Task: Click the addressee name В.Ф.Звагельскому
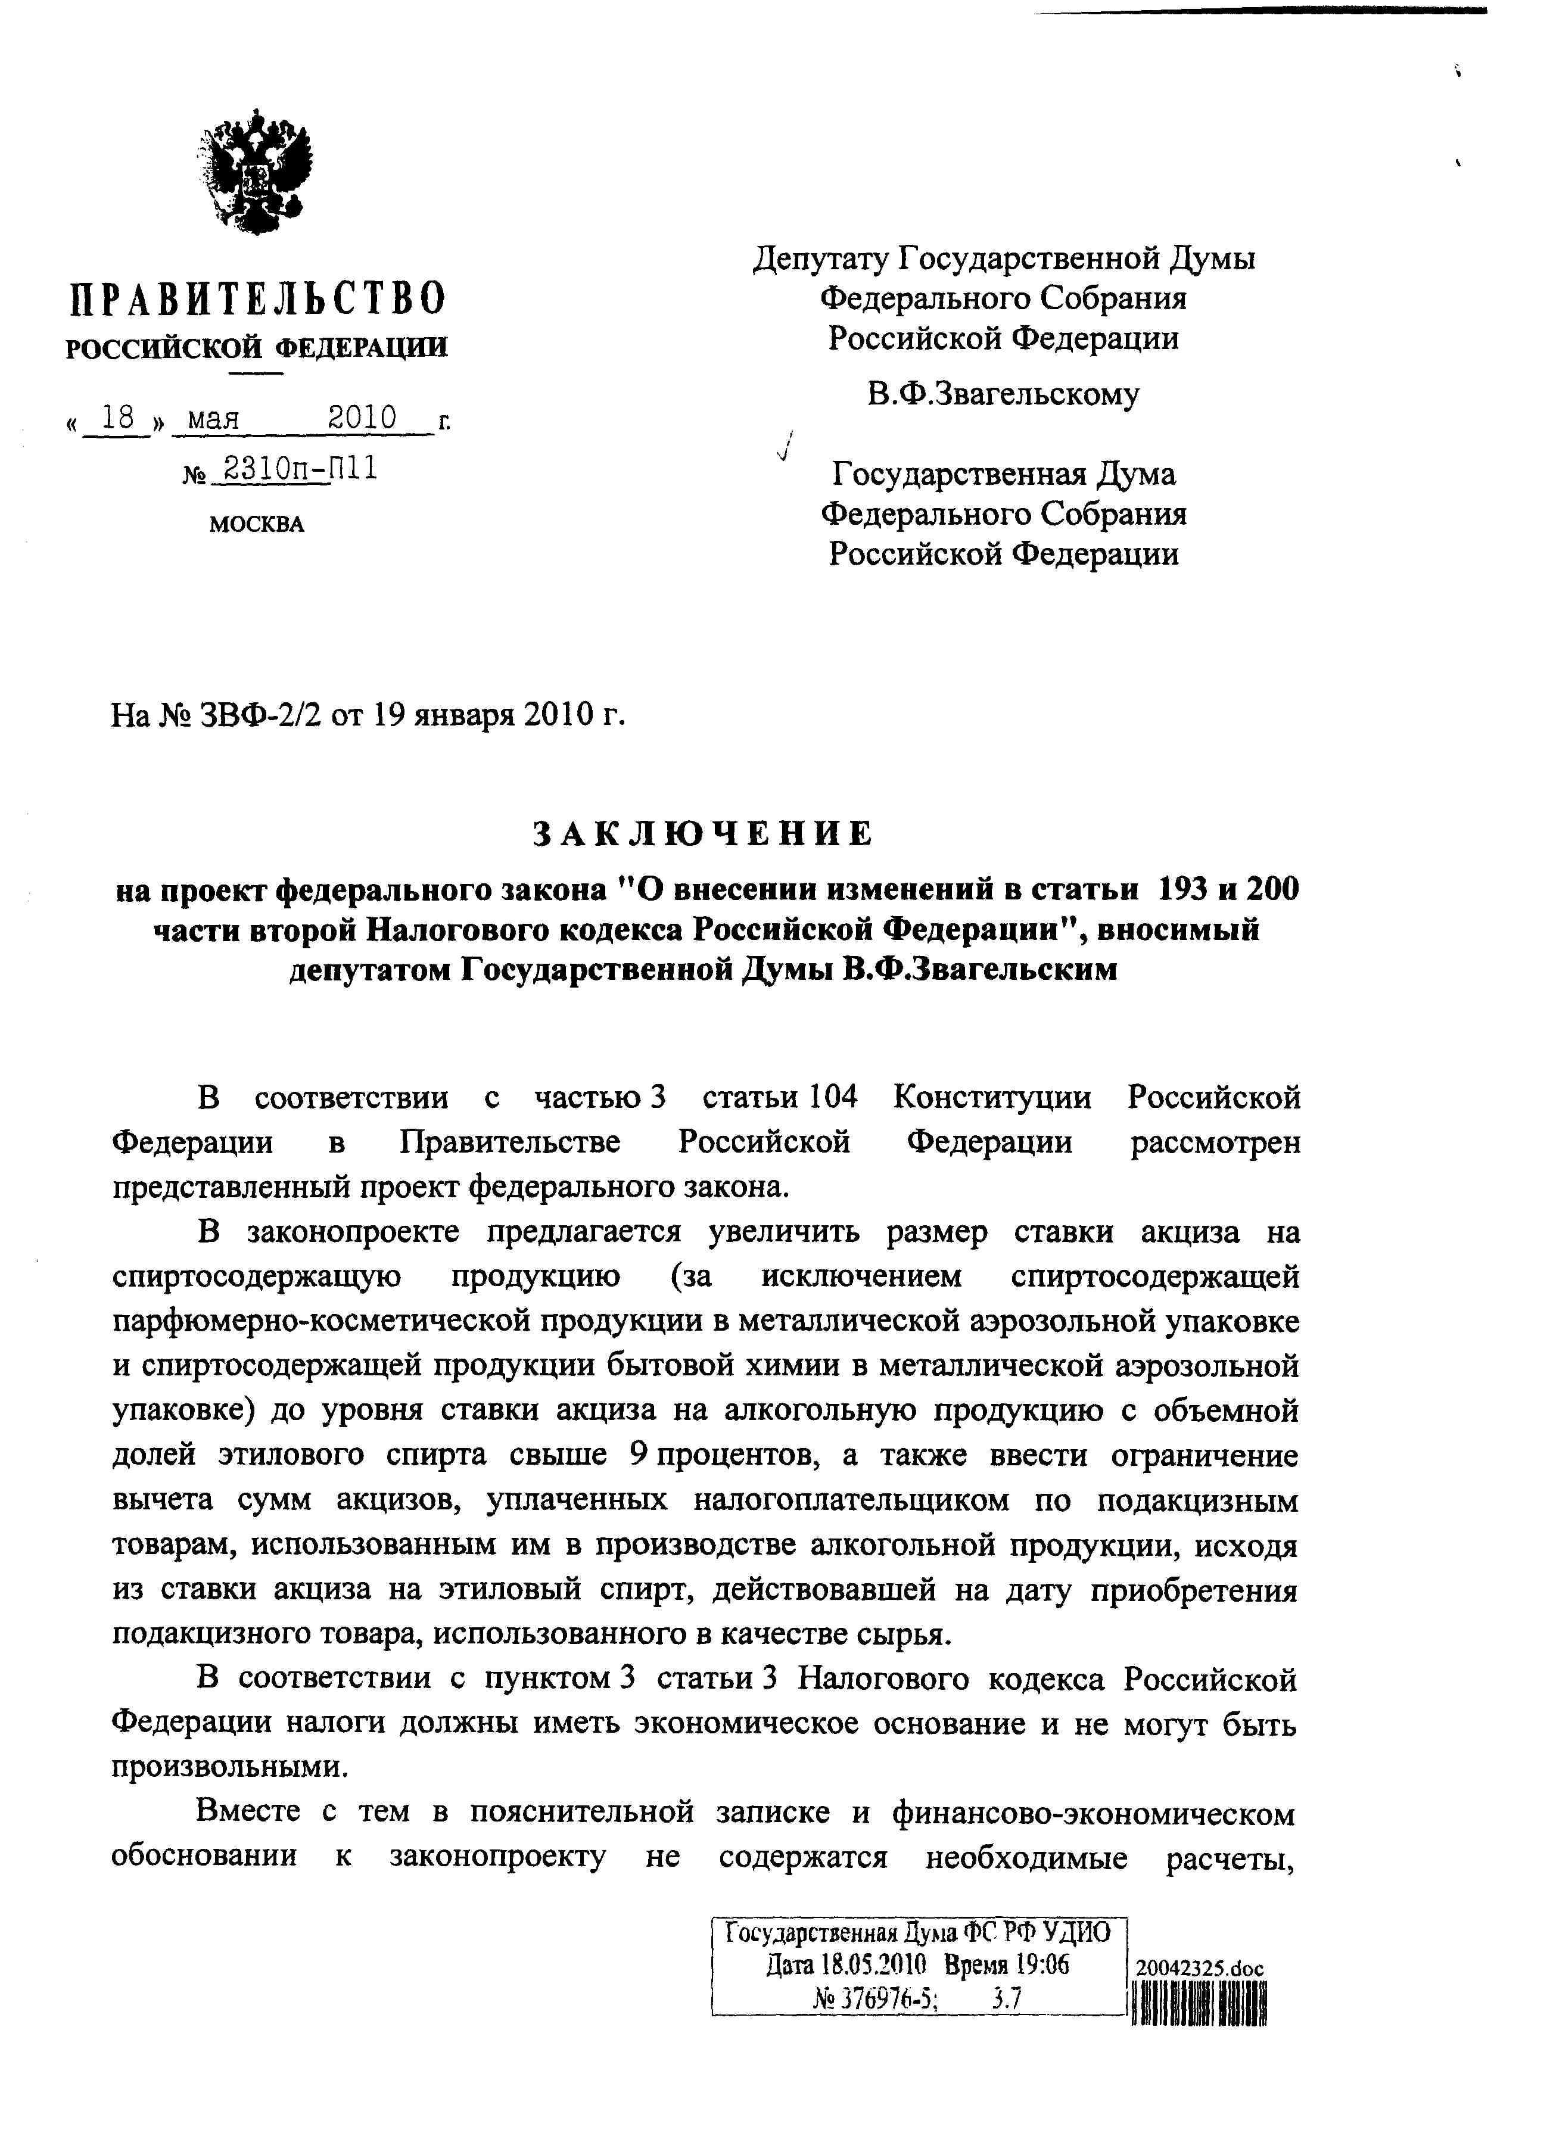click(x=1003, y=393)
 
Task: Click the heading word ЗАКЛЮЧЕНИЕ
click(x=704, y=833)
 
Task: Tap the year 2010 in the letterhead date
click(x=362, y=418)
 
